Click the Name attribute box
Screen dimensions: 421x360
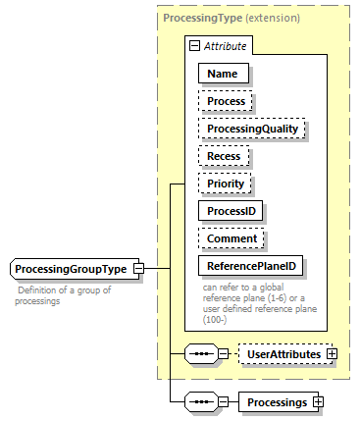click(223, 72)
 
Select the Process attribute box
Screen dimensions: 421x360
click(226, 100)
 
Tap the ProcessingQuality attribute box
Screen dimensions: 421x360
click(252, 128)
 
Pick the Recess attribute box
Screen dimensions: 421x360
click(224, 155)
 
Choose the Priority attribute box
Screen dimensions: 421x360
click(226, 183)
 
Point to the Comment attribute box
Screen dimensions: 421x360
click(232, 237)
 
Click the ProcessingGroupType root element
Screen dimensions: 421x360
click(71, 268)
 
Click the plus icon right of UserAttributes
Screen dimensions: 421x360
click(331, 352)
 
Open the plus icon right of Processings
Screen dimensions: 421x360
click(317, 401)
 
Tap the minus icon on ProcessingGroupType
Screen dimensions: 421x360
click(138, 268)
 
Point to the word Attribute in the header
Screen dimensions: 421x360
click(226, 45)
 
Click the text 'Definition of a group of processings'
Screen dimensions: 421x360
click(64, 295)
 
